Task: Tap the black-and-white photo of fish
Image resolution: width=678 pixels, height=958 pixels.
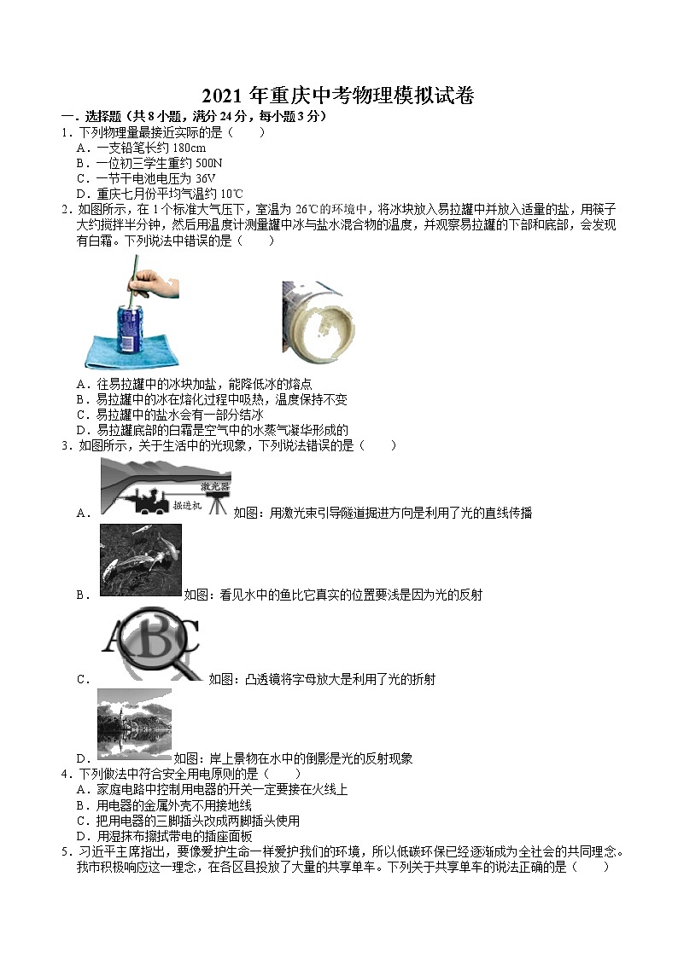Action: pos(140,560)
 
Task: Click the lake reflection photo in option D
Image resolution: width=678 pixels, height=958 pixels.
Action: pos(134,723)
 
